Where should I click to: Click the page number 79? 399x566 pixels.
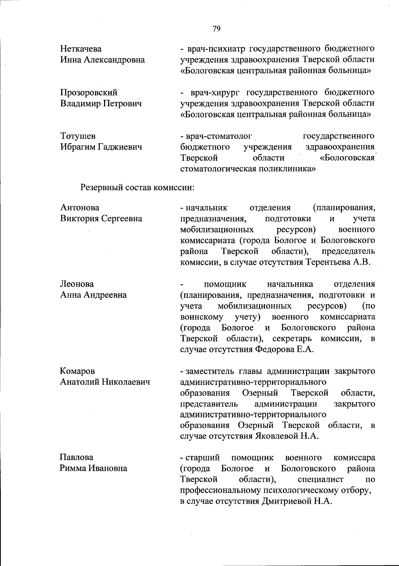[216, 29]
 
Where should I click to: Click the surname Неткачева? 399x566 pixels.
[81, 49]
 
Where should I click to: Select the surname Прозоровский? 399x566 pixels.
[89, 92]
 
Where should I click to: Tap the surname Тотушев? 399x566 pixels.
[78, 136]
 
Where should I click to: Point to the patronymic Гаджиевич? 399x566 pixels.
[120, 147]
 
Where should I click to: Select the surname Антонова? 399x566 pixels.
[80, 208]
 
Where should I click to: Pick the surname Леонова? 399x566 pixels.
[77, 284]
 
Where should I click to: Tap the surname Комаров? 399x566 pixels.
[77, 371]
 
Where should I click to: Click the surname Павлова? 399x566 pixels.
[77, 457]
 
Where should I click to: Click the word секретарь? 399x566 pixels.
[292, 339]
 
